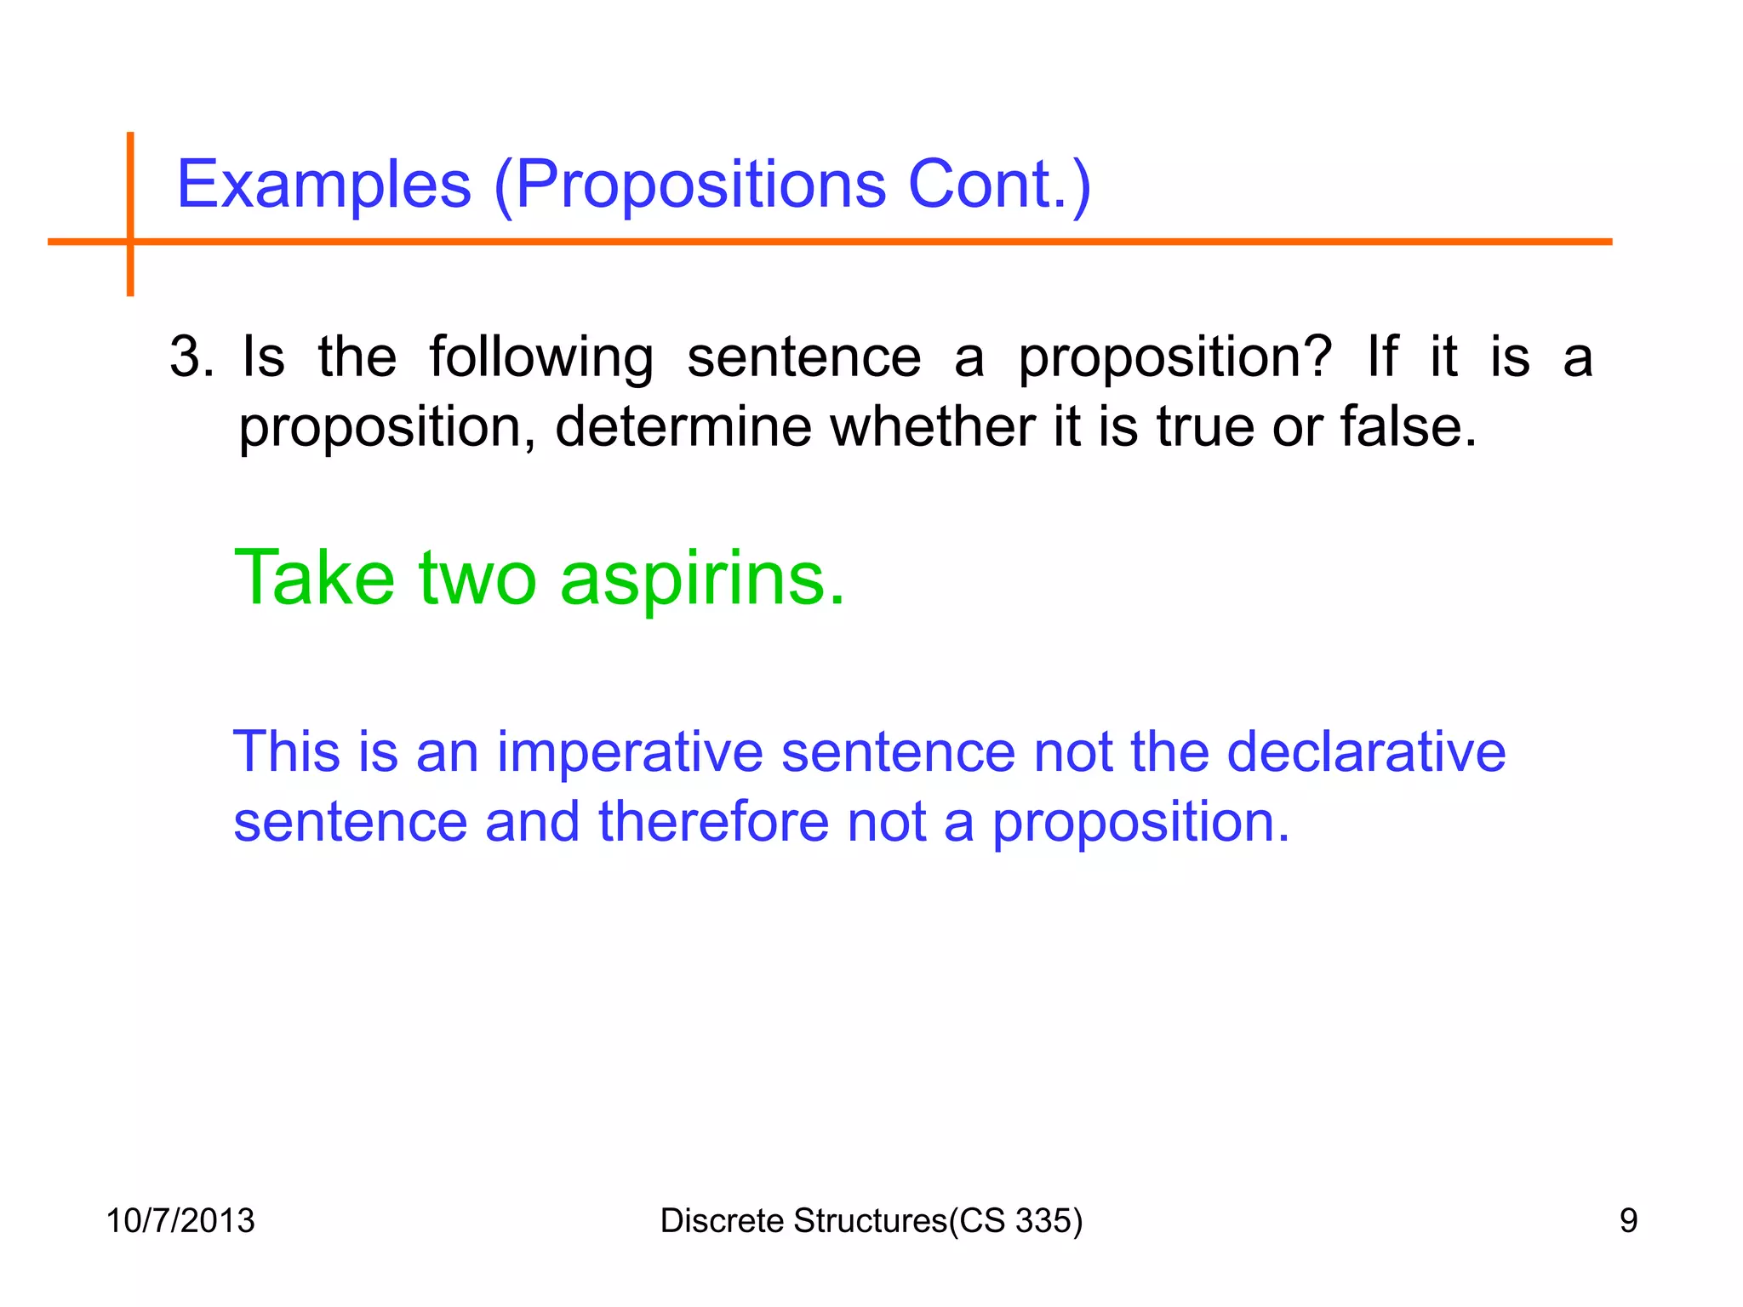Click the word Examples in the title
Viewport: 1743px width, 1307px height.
click(x=323, y=185)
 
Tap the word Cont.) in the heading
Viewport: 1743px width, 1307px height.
click(x=999, y=185)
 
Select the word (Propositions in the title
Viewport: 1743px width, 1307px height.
click(x=689, y=185)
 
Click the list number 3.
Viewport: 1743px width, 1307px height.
click(x=191, y=357)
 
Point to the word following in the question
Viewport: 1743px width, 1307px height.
click(x=541, y=358)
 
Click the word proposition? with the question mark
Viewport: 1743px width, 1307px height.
click(x=1174, y=358)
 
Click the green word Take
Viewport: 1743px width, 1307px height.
click(x=314, y=578)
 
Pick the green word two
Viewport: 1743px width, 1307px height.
click(x=477, y=579)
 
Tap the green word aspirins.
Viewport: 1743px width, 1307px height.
click(x=703, y=579)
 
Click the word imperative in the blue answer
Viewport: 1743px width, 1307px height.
click(x=630, y=752)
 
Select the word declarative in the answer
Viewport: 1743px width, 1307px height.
click(x=1365, y=752)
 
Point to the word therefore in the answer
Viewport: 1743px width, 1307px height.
click(x=713, y=822)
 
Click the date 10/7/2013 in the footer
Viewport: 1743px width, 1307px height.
click(x=180, y=1221)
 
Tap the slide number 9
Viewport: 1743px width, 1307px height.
click(x=1628, y=1221)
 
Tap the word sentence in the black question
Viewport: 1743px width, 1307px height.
click(x=803, y=358)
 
